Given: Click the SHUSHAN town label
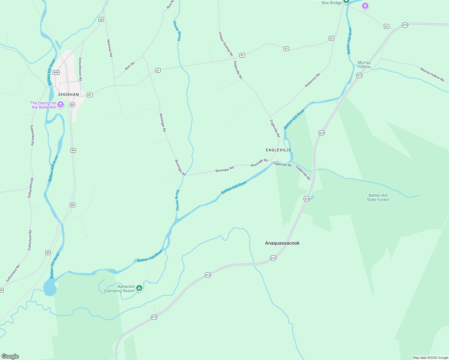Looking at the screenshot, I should (68, 94).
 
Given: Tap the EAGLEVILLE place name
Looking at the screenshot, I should (279, 150).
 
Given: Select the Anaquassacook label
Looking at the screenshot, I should (282, 243).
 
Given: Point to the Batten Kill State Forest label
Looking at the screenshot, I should (378, 197).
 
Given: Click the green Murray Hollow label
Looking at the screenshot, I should (364, 65).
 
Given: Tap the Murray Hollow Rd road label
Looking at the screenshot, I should (432, 74).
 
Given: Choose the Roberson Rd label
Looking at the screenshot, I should (312, 80).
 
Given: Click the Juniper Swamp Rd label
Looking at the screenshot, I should (226, 44).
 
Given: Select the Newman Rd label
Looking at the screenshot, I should (110, 48).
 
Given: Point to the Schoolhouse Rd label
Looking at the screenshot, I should (80, 69).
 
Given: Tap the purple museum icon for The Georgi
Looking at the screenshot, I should (61, 105).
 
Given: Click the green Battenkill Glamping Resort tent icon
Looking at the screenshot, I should (139, 288).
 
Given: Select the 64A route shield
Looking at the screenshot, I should (56, 72).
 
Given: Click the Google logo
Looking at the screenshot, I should (10, 356).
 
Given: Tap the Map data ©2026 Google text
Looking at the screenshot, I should (430, 358).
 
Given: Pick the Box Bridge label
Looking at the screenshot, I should (332, 3).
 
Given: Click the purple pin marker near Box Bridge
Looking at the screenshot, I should (365, 6).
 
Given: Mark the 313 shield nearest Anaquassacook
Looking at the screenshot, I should (273, 258).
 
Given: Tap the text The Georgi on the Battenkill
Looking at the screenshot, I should (43, 105).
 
